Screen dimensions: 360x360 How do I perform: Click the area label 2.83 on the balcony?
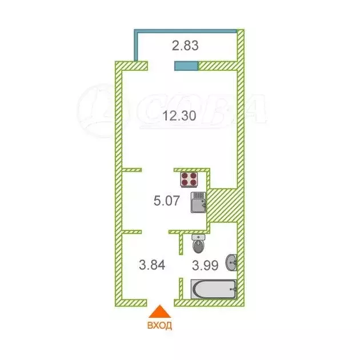click(x=186, y=46)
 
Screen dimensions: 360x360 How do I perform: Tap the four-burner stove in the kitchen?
click(x=190, y=179)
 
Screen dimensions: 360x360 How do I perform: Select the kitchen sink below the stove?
click(x=198, y=203)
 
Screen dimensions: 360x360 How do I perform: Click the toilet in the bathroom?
click(x=198, y=245)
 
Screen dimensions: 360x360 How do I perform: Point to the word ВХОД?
click(x=159, y=326)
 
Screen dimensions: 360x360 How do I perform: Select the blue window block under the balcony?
click(x=186, y=66)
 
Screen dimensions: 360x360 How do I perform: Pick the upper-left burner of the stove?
click(x=185, y=175)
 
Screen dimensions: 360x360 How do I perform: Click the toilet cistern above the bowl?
click(x=198, y=237)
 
